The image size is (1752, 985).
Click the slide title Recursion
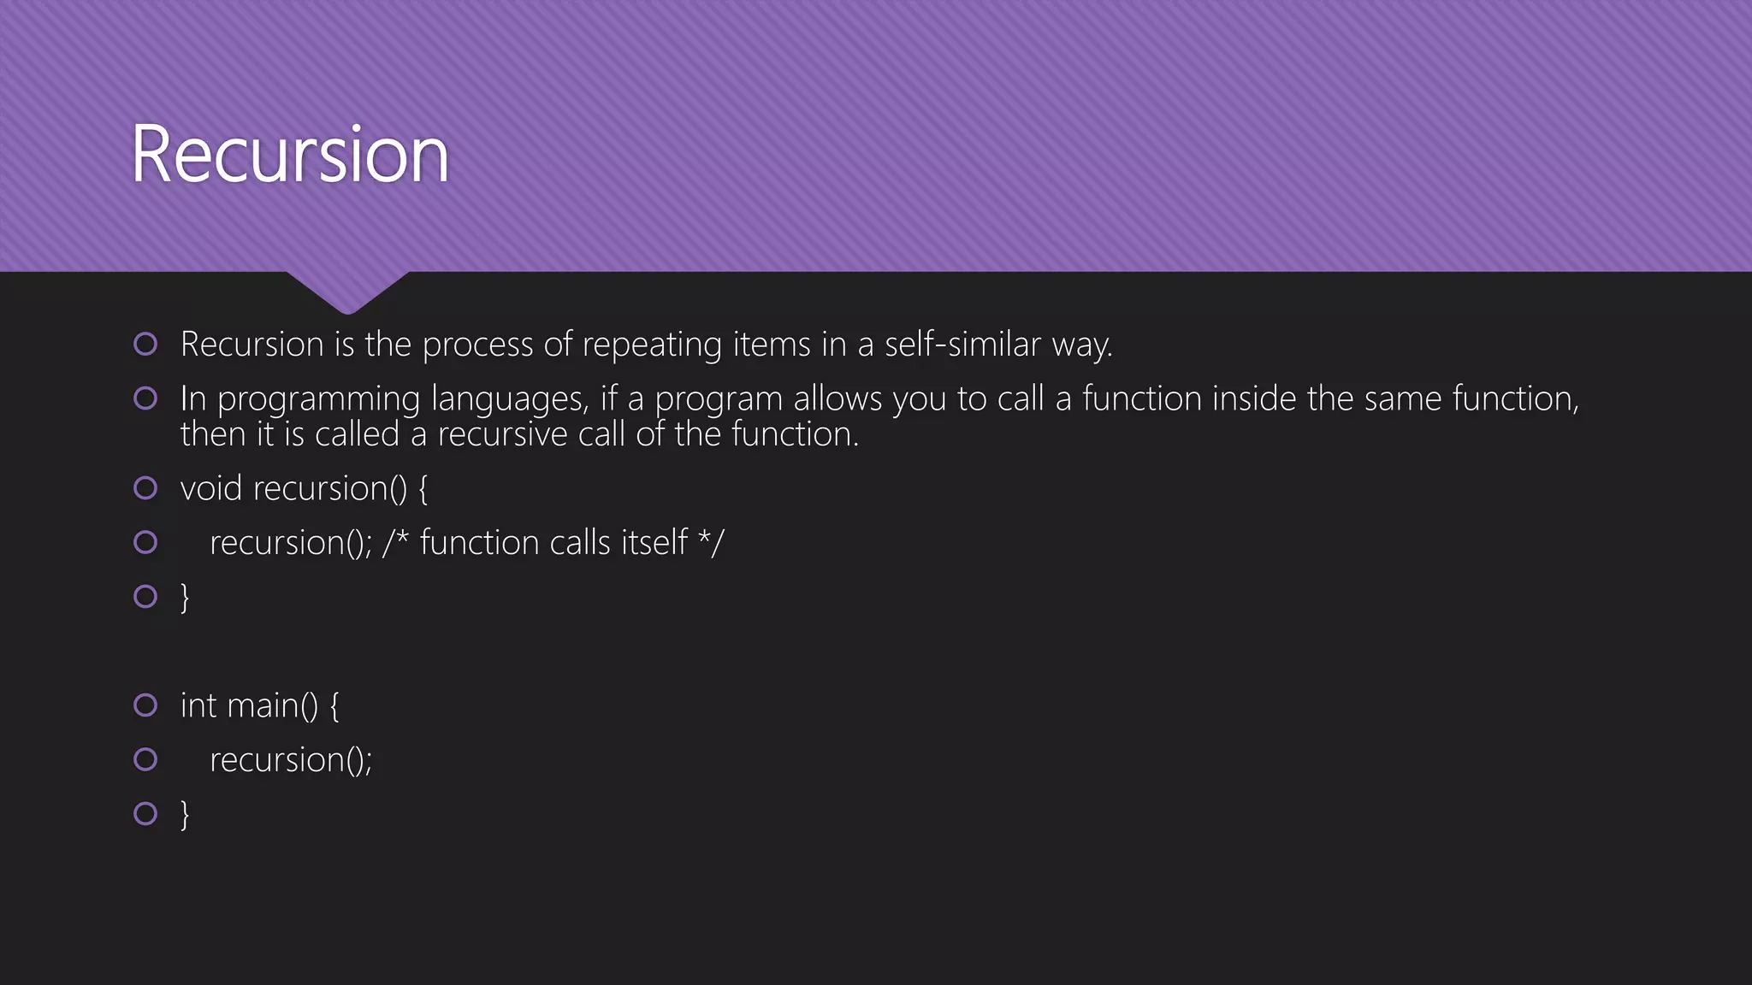point(290,155)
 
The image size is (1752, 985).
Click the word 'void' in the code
point(211,488)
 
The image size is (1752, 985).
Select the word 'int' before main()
point(198,705)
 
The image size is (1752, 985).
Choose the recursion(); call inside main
point(291,760)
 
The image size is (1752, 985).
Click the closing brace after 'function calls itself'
point(185,597)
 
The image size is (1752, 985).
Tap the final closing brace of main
point(185,814)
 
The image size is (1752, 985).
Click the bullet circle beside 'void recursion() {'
point(145,488)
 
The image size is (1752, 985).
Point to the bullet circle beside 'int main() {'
point(145,705)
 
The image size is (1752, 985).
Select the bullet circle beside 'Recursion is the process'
point(145,345)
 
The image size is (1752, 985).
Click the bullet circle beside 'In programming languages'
point(145,398)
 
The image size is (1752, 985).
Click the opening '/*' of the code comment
point(395,542)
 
